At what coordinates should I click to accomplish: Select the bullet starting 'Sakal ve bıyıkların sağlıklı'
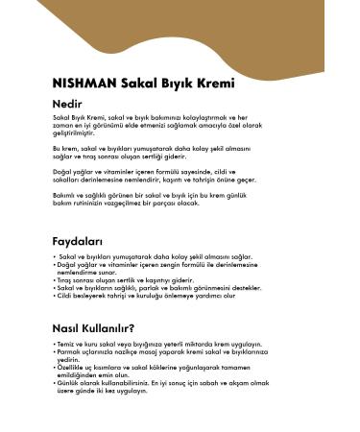[157, 287]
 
